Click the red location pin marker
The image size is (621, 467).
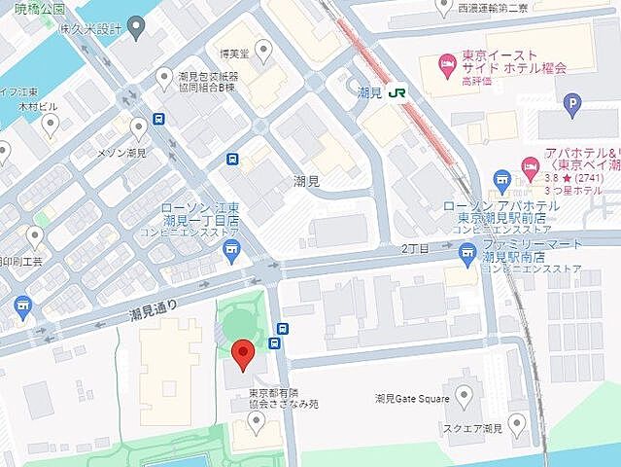(244, 352)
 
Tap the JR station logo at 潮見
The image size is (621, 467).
(397, 93)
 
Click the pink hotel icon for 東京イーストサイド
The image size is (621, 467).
(447, 66)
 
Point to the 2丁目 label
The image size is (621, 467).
(415, 249)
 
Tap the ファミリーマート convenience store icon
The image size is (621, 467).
(467, 253)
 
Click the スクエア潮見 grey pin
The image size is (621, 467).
(516, 424)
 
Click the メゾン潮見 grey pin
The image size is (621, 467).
(138, 127)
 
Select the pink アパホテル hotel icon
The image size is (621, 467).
(531, 164)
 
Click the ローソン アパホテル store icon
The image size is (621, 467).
(501, 179)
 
